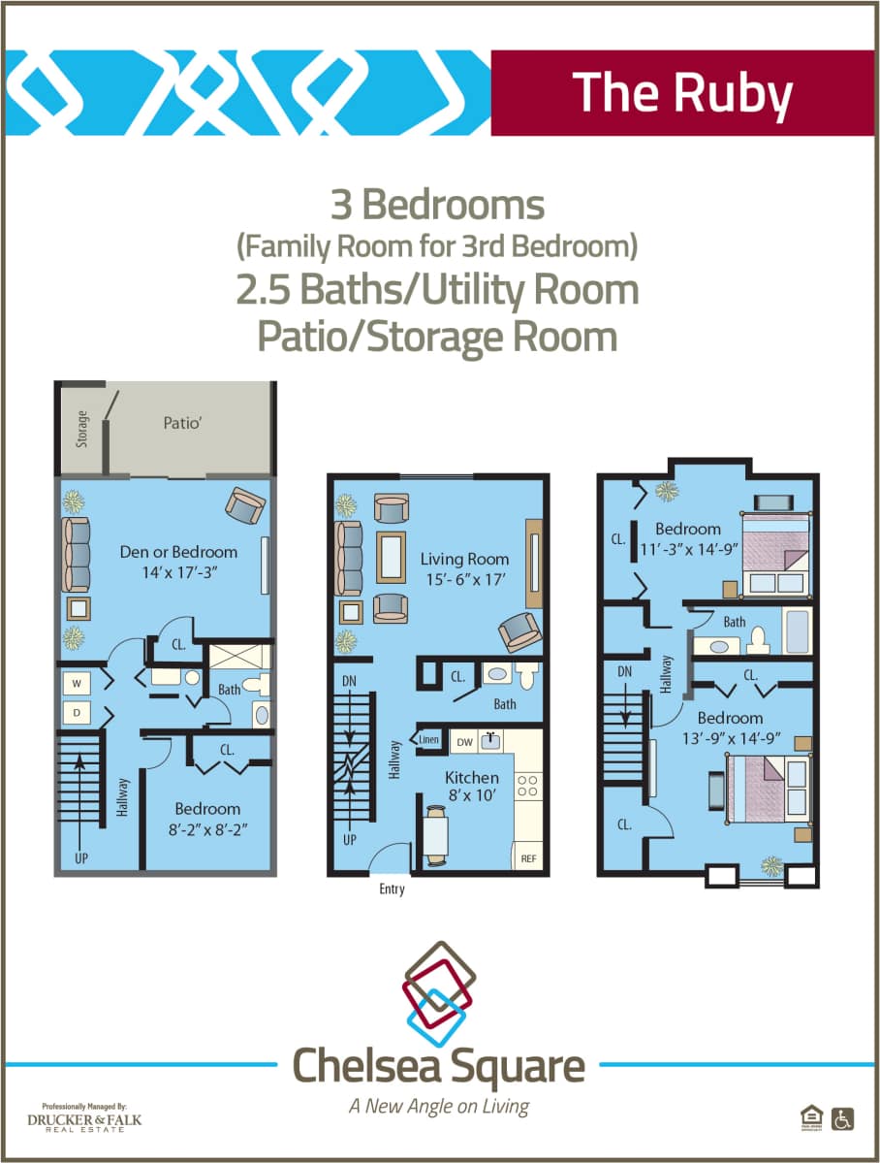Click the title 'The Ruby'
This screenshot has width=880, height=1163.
(x=681, y=92)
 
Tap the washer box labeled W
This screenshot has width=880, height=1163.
(x=75, y=682)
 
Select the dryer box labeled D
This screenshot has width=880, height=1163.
(x=75, y=713)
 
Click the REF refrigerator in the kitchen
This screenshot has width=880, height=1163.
(x=529, y=858)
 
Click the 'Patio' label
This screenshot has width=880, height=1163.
(x=181, y=423)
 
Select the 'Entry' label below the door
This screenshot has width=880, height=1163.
(x=393, y=888)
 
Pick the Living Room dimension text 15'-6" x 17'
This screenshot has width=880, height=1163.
(x=464, y=579)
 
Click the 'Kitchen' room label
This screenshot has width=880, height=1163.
(x=472, y=777)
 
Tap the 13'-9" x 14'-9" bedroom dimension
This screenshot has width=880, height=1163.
(x=730, y=737)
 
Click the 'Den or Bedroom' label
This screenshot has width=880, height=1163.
(x=178, y=552)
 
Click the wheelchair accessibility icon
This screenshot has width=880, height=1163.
(x=843, y=1118)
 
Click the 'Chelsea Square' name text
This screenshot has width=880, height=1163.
(x=439, y=1066)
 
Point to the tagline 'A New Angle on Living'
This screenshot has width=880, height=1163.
(x=439, y=1106)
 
